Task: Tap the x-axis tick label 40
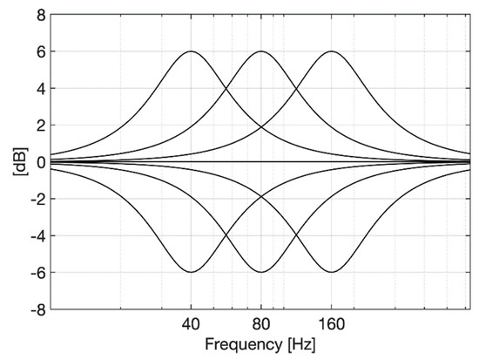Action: click(191, 323)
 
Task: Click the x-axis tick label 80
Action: click(260, 323)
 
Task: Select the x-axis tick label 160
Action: click(331, 323)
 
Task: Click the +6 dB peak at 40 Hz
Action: click(191, 51)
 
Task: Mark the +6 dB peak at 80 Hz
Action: click(260, 51)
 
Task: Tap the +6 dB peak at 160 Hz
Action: click(331, 51)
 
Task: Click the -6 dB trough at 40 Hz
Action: click(191, 272)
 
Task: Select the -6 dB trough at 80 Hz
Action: click(260, 272)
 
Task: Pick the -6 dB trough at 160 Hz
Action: click(331, 272)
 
